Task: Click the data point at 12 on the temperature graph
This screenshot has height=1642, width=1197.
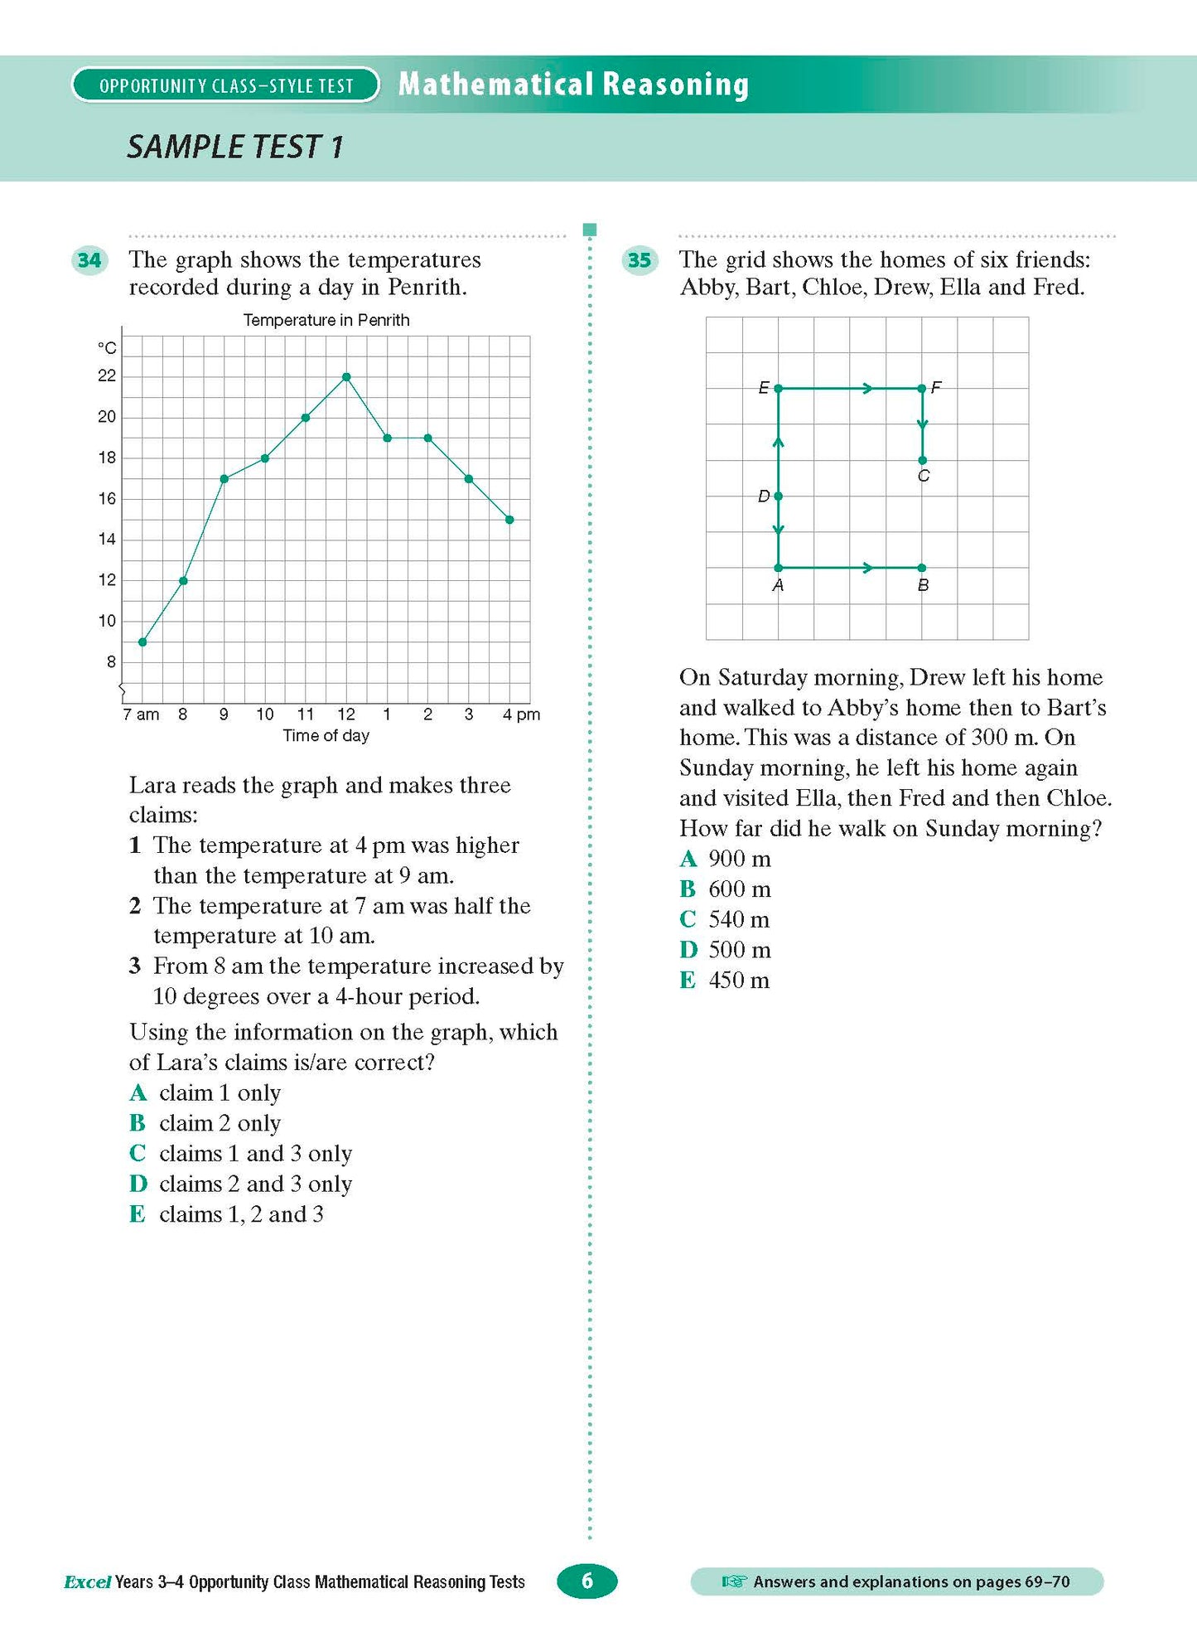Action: point(346,377)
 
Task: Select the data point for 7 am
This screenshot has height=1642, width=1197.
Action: point(142,642)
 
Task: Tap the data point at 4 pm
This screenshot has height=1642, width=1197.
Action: point(509,520)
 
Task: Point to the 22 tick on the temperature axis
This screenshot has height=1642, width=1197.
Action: point(107,376)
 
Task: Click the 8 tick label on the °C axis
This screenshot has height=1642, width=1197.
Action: point(111,662)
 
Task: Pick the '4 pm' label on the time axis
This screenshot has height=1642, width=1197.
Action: point(521,714)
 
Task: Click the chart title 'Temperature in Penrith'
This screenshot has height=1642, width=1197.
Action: point(326,320)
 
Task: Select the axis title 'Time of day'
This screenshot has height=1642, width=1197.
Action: point(326,736)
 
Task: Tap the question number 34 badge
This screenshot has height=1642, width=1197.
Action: point(89,260)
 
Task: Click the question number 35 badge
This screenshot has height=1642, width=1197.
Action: point(640,260)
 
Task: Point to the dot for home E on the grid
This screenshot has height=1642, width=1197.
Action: point(778,388)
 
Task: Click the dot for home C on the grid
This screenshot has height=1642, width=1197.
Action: point(922,460)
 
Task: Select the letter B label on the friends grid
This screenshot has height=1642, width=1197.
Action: point(923,585)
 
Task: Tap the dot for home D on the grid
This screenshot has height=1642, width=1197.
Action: point(778,496)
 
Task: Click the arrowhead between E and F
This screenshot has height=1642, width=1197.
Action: point(866,388)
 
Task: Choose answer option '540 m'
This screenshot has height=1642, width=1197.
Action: point(738,919)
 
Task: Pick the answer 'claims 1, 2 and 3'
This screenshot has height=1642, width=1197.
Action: point(241,1214)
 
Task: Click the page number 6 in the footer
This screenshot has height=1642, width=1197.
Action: point(587,1581)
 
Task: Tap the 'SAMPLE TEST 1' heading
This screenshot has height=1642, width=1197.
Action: point(235,147)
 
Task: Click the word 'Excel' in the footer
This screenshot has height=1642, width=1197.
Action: point(87,1582)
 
